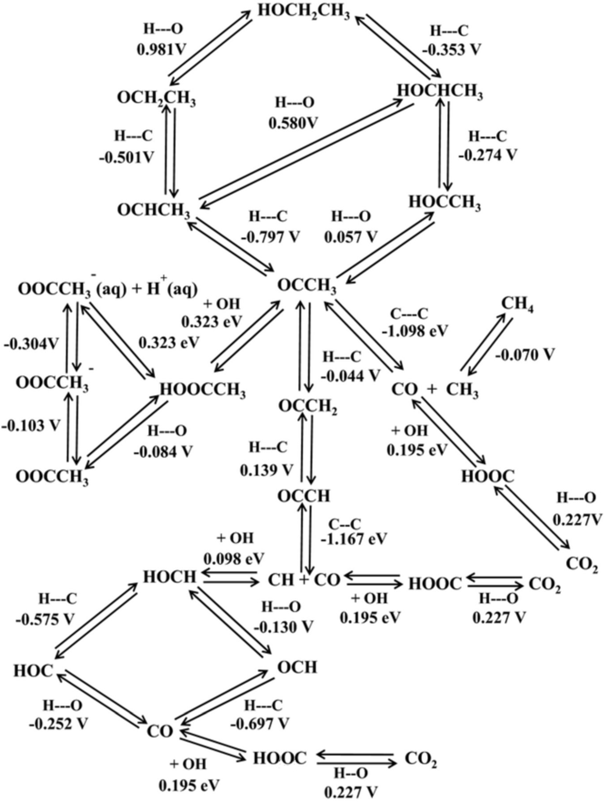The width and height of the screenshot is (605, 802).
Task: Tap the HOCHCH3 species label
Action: pyautogui.click(x=440, y=92)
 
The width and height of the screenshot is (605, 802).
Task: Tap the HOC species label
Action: pyautogui.click(x=33, y=671)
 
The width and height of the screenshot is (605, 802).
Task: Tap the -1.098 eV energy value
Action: pyautogui.click(x=415, y=331)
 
